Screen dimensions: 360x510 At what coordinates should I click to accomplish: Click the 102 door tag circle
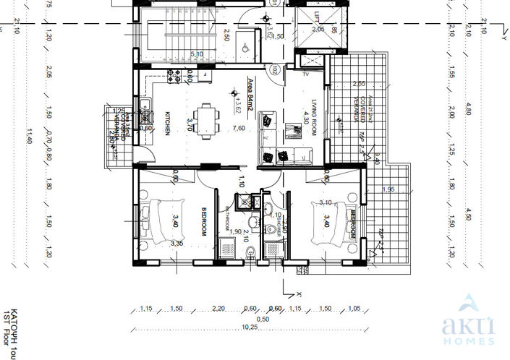point(276,71)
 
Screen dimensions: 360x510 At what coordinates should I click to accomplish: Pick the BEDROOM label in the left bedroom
point(204,222)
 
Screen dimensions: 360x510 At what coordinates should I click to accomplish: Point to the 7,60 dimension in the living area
point(239,129)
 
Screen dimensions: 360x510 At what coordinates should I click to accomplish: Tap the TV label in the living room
point(306,74)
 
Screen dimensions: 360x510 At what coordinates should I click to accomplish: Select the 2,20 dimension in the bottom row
point(220,309)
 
